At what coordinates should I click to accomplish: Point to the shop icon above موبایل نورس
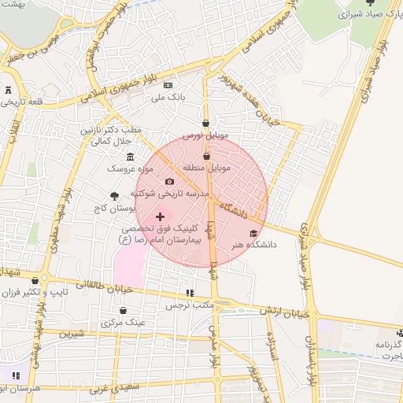(205, 123)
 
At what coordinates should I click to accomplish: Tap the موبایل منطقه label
(206, 168)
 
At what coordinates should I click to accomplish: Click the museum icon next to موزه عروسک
(130, 156)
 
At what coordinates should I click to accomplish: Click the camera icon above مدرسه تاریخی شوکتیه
(169, 182)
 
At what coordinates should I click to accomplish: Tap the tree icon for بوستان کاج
(115, 196)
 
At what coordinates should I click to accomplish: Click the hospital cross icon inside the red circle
(161, 216)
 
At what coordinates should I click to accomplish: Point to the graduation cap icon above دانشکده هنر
(253, 233)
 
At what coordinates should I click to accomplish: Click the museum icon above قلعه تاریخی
(8, 90)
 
